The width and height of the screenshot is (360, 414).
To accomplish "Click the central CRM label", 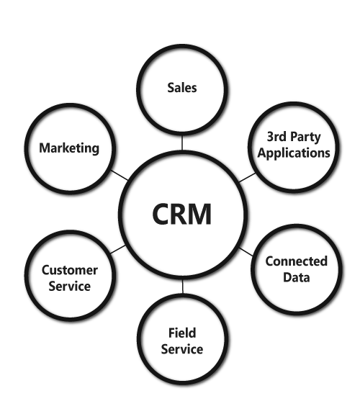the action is click(x=182, y=214).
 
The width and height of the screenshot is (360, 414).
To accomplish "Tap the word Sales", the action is click(x=182, y=88).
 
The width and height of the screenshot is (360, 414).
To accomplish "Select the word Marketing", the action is click(x=69, y=148).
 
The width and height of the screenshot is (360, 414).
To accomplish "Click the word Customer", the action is click(x=70, y=270).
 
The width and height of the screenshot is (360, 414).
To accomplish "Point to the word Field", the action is click(x=182, y=333).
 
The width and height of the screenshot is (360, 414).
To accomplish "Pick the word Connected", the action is click(x=297, y=261).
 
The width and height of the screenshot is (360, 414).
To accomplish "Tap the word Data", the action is click(x=297, y=277).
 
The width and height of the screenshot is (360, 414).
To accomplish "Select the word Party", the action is click(x=305, y=137).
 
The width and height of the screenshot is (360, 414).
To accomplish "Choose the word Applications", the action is click(x=294, y=153).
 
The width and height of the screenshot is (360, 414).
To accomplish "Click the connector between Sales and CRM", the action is click(x=182, y=143).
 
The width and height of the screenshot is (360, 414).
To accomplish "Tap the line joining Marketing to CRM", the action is click(x=120, y=175).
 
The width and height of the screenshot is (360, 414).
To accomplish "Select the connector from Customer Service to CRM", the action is click(x=118, y=249).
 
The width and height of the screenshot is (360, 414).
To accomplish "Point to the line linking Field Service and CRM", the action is click(x=182, y=287).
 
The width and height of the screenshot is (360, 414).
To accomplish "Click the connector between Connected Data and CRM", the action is click(x=246, y=252).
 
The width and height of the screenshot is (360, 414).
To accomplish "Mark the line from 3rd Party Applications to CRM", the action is click(x=247, y=178).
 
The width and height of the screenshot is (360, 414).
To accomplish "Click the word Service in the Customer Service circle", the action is click(x=69, y=287).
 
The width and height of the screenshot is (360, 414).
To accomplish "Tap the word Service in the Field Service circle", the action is click(x=182, y=349).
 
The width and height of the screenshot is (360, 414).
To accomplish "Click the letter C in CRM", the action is click(x=161, y=214).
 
